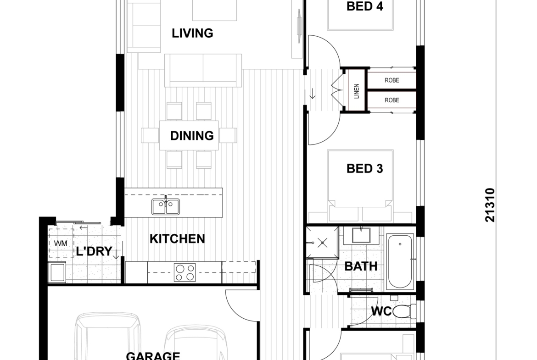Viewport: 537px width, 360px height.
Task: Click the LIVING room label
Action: [192, 33]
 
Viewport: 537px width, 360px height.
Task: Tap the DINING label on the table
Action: [192, 136]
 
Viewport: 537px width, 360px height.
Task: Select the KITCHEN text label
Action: [178, 238]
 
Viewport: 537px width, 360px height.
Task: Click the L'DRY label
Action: [94, 251]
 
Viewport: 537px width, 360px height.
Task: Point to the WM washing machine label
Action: [61, 244]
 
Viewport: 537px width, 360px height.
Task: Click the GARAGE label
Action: [153, 355]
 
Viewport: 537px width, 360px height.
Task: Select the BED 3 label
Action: [365, 168]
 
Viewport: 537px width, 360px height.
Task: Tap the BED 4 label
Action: [365, 6]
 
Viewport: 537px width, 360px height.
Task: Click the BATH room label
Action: [361, 266]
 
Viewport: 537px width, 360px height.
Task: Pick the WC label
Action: [381, 311]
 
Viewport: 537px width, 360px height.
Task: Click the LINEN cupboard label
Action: [357, 91]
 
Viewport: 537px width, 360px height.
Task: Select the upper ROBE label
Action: [392, 80]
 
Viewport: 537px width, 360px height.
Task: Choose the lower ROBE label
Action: [392, 100]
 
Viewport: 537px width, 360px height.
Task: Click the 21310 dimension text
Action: [490, 205]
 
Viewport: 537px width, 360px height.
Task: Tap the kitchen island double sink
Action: [166, 206]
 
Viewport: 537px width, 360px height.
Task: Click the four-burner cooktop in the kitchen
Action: [185, 272]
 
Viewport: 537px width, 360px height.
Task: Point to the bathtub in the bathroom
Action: [400, 261]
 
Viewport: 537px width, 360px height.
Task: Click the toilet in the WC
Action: [405, 311]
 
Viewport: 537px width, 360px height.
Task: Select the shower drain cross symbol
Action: [323, 244]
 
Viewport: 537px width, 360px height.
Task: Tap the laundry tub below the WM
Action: [57, 272]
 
